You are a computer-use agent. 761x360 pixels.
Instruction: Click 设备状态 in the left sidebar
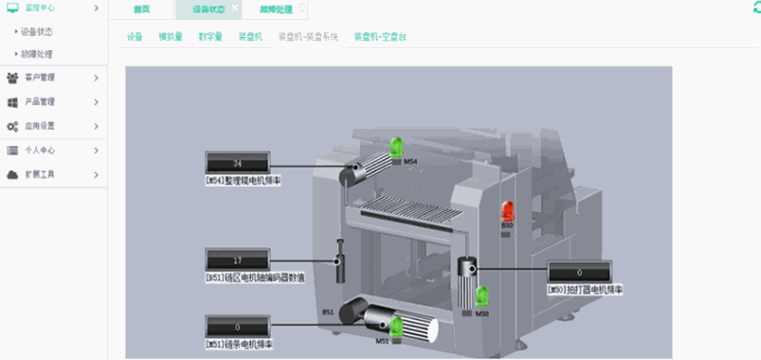pos(37,31)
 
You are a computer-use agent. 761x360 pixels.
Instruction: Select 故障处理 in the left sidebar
pos(37,54)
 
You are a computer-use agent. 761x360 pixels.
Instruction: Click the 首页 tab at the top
pos(141,9)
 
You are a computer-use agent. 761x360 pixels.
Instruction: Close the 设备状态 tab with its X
pos(235,8)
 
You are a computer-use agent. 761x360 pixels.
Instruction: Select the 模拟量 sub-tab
pos(171,38)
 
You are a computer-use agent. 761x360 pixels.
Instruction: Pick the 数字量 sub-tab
pos(210,38)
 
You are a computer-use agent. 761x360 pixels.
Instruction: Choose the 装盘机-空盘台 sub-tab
pos(380,38)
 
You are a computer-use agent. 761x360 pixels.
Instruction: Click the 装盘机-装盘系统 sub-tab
pos(307,38)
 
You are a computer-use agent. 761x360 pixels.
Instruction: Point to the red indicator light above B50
pos(507,210)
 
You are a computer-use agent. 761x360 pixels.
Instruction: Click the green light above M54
pos(397,147)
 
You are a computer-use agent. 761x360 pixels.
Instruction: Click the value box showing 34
pos(237,163)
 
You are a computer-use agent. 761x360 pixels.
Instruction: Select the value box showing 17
pos(237,260)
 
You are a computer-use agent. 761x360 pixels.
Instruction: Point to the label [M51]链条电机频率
pos(239,344)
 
